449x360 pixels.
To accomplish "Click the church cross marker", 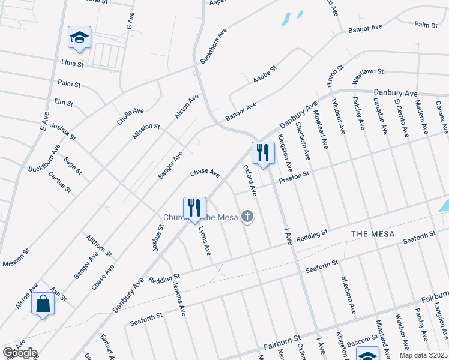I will point(247,217).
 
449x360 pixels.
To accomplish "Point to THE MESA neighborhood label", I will point(373,234).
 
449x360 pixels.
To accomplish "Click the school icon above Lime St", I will point(79,37).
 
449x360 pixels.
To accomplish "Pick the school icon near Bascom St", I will point(367,354).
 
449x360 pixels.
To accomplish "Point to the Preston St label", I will point(293,175).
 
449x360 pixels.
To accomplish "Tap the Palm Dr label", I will point(426,25).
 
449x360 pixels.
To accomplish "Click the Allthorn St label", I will point(98,246).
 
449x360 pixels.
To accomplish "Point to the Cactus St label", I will point(60,182).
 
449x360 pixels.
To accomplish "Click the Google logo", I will point(20,353).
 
